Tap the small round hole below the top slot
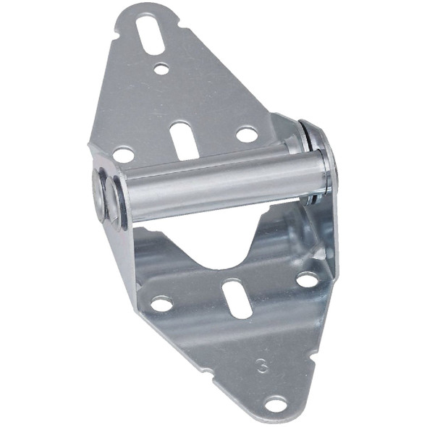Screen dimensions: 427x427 click(x=161, y=69)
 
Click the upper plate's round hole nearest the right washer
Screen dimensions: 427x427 click(x=246, y=135)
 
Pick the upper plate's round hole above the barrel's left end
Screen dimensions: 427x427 click(x=123, y=155)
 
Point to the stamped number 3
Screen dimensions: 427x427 click(x=262, y=365)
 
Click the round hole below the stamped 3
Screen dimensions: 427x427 click(x=276, y=403)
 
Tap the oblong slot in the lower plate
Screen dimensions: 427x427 click(x=237, y=297)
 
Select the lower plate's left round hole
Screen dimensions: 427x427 click(x=161, y=303)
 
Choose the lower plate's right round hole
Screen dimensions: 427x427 click(x=307, y=279)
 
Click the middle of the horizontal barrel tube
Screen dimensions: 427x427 click(x=217, y=190)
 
